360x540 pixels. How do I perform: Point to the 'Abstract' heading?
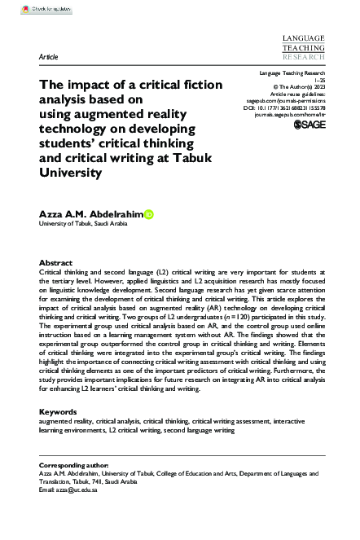point(55,264)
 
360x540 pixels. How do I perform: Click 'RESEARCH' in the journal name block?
point(302,59)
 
